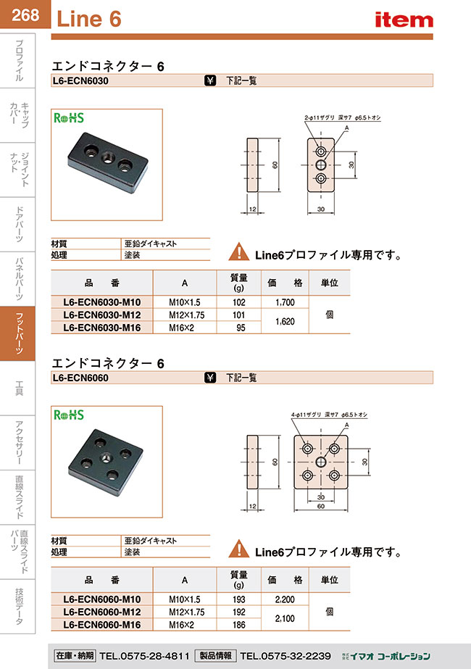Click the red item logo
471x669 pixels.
tap(403, 20)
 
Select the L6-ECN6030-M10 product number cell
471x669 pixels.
tap(101, 302)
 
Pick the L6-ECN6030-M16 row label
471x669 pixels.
tap(101, 328)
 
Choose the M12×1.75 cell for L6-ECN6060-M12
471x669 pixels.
tap(185, 611)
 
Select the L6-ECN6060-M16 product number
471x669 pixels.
tap(101, 624)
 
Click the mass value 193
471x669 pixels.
tap(239, 599)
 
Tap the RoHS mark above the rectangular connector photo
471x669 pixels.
tap(69, 118)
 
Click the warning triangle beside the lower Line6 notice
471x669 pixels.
tap(238, 550)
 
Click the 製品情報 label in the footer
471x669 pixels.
tap(214, 655)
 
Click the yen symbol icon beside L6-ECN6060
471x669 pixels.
tap(210, 378)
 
